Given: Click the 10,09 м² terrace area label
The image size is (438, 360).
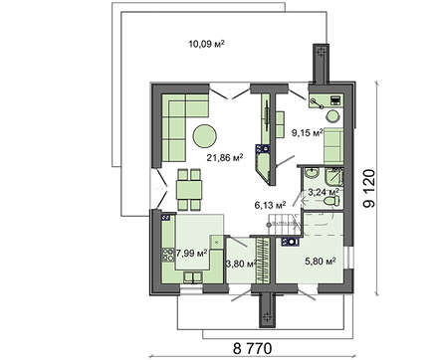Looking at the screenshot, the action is (x=206, y=44).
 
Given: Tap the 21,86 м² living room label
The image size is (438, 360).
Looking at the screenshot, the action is (x=225, y=157).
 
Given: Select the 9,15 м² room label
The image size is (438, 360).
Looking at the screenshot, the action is (x=307, y=133).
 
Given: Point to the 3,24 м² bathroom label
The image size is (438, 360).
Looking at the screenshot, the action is (x=324, y=192).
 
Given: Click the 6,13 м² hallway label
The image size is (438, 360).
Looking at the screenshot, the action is (x=270, y=205).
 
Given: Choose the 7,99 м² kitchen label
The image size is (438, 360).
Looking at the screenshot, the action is (x=191, y=254).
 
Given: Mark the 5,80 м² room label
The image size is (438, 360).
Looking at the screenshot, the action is (x=321, y=262).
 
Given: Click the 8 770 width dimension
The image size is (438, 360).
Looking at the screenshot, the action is (x=252, y=348).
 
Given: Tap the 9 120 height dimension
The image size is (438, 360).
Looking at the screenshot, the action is (x=369, y=189).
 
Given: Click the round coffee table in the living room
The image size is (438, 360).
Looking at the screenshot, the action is (x=205, y=136).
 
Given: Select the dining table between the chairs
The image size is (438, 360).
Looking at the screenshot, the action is (x=189, y=190).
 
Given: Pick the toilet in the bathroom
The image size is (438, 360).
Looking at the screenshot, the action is (x=331, y=201).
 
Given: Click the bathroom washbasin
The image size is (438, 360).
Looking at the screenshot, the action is (x=312, y=173).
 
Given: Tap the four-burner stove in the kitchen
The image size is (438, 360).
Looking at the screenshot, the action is (x=168, y=255).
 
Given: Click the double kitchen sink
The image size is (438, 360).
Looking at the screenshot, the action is (x=193, y=277).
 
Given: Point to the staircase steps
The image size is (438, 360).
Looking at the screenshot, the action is (x=285, y=224).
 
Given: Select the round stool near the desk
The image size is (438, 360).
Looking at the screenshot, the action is (x=332, y=116).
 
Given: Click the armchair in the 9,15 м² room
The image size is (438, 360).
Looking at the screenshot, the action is (x=333, y=145).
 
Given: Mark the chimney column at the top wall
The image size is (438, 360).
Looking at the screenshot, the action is (x=321, y=64).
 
